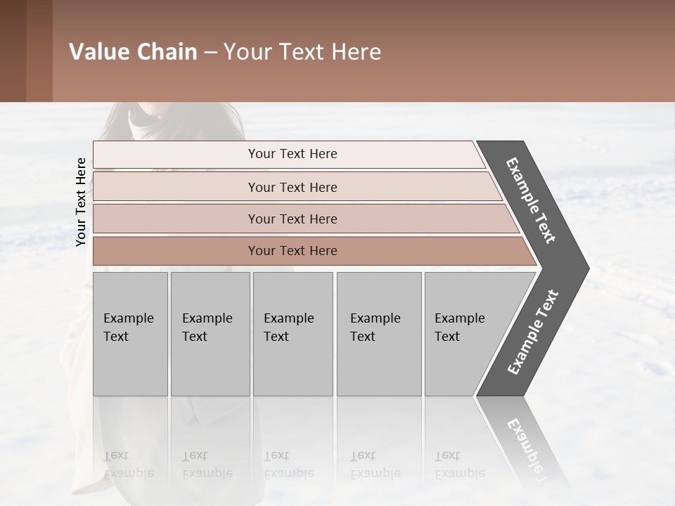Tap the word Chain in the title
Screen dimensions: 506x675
click(x=167, y=52)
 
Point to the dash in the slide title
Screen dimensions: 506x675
click(x=210, y=53)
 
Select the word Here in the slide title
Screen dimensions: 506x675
click(x=355, y=52)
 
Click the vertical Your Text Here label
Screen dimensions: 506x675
click(x=81, y=202)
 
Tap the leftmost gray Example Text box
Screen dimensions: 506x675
click(x=130, y=334)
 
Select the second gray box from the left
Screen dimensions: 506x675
click(x=210, y=334)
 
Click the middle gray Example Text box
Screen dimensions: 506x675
click(x=292, y=334)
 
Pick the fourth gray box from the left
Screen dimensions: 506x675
click(x=379, y=334)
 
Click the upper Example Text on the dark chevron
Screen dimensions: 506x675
click(x=531, y=200)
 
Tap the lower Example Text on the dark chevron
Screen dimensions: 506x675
click(x=532, y=332)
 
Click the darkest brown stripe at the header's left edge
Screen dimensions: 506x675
click(x=13, y=51)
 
